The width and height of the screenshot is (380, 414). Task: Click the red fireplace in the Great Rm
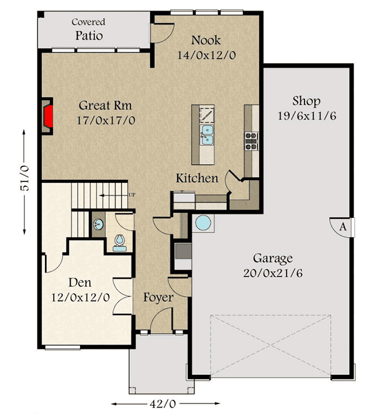click(x=50, y=115)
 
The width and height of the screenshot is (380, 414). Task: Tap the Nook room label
click(x=206, y=40)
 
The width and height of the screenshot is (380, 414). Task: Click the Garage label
click(x=272, y=258)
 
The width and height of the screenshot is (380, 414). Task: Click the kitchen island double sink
click(x=206, y=134)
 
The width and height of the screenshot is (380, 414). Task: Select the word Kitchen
click(x=197, y=178)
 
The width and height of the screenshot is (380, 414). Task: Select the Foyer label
click(x=158, y=298)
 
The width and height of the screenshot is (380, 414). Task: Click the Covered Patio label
click(x=88, y=29)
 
